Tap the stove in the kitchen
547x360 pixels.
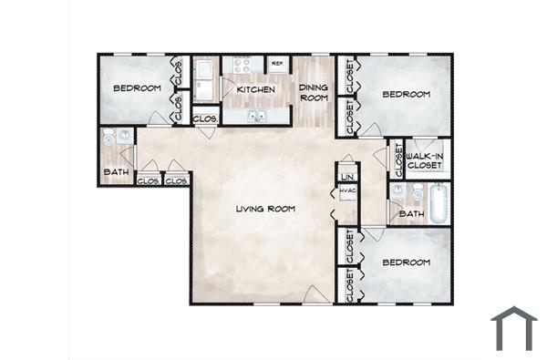pyautogui.click(x=243, y=66)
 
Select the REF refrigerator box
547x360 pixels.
pyautogui.click(x=276, y=65)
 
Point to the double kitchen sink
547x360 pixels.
pyautogui.click(x=256, y=116)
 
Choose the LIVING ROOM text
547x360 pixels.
pyautogui.click(x=265, y=210)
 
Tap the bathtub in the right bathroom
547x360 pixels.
pyautogui.click(x=439, y=204)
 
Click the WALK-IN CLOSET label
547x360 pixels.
pyautogui.click(x=425, y=160)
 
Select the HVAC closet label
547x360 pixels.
pyautogui.click(x=347, y=191)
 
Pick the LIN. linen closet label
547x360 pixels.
pyautogui.click(x=347, y=176)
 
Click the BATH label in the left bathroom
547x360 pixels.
pyautogui.click(x=116, y=171)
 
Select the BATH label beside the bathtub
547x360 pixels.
pyautogui.click(x=412, y=215)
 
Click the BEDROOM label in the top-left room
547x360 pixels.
pyautogui.click(x=137, y=88)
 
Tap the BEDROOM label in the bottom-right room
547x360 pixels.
pyautogui.click(x=406, y=262)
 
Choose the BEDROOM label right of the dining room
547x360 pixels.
pyautogui.click(x=406, y=95)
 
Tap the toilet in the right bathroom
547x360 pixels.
pyautogui.click(x=417, y=192)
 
